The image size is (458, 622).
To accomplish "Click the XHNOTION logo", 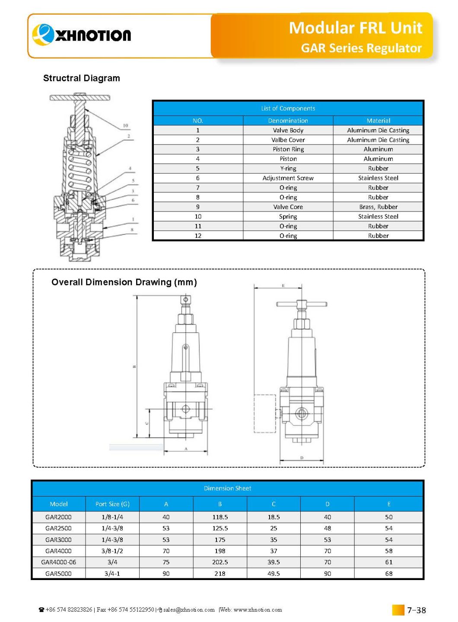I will click(82, 35).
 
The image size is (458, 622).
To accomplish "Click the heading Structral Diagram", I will click(82, 78).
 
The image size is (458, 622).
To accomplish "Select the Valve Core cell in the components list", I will click(288, 207).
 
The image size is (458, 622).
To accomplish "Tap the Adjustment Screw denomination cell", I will click(288, 178).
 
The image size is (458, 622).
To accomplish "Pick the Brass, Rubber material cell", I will click(378, 207).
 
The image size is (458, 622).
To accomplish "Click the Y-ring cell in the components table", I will click(288, 168).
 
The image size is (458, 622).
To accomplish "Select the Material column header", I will click(378, 121).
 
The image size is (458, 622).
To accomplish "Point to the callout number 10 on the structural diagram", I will click(125, 126).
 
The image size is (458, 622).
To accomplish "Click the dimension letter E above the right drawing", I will click(283, 285).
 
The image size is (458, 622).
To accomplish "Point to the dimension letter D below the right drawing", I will click(302, 458).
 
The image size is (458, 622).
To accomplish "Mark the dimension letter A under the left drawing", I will click(186, 449).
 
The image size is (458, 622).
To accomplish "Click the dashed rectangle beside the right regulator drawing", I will click(264, 413).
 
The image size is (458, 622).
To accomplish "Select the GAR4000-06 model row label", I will click(58, 562).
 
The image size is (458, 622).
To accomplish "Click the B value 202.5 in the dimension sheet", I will click(220, 562).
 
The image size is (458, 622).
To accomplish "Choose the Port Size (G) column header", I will click(112, 504).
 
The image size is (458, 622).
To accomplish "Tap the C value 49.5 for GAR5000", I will click(274, 574).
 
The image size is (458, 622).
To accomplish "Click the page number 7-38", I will click(416, 610).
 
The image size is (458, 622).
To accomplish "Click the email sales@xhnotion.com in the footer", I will click(189, 610).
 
